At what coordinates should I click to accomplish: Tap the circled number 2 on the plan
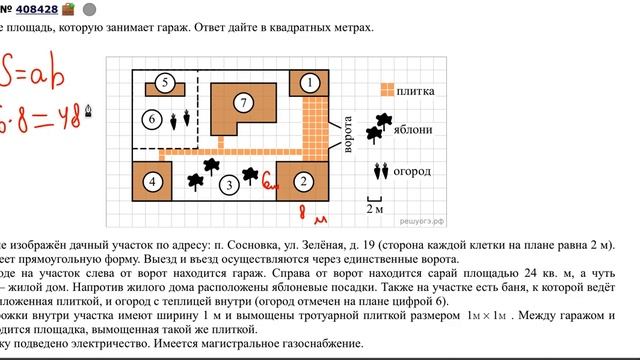tap(302, 182)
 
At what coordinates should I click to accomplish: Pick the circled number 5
tap(166, 83)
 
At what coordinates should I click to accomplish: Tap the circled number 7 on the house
tap(242, 102)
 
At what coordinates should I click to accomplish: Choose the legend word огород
tap(413, 171)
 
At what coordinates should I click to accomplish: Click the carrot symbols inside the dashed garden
tap(180, 120)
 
